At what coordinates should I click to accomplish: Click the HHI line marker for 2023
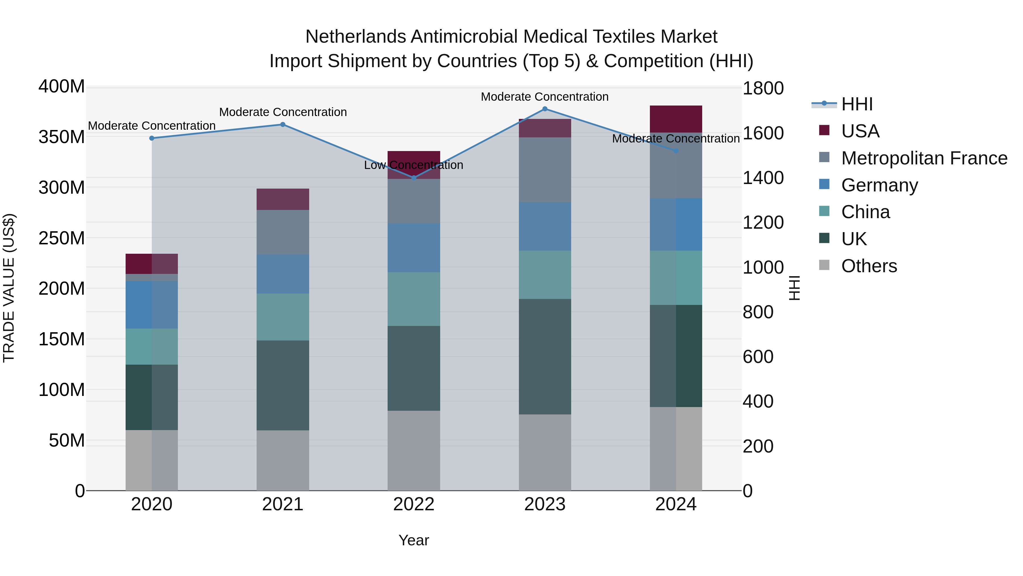545,109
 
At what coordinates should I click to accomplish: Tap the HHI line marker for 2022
414,178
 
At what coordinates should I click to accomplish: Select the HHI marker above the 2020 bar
152,138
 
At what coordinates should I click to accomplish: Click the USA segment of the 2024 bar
676,119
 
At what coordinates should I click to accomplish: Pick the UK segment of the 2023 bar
545,357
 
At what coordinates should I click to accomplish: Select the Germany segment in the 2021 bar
283,274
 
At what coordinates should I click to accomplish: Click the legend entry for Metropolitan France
924,158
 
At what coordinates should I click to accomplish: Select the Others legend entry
869,266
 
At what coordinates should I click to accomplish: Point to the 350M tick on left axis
62,137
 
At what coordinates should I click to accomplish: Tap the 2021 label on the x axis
283,504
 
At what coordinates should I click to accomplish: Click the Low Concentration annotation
413,165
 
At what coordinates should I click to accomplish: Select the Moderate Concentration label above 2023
544,97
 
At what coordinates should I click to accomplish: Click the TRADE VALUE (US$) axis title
9,288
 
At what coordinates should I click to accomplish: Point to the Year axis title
413,540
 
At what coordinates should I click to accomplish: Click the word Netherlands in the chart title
355,37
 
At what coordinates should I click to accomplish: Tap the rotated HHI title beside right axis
794,288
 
